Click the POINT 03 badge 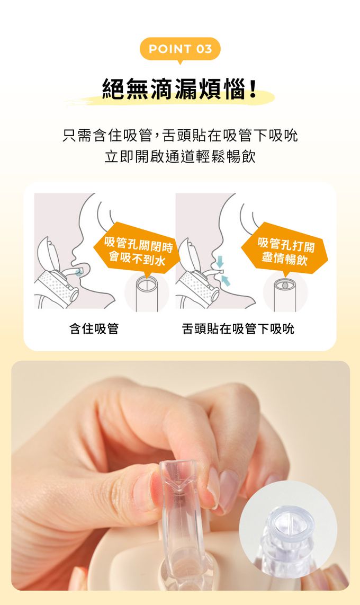pyautogui.click(x=180, y=49)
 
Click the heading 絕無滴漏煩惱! pyautogui.click(x=180, y=89)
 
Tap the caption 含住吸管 pyautogui.click(x=94, y=329)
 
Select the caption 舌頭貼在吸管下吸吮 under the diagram pyautogui.click(x=238, y=329)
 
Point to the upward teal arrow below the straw pyautogui.click(x=226, y=280)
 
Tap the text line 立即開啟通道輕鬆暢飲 pyautogui.click(x=180, y=157)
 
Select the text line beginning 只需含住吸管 pyautogui.click(x=180, y=135)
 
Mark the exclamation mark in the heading pyautogui.click(x=253, y=89)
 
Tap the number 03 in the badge pyautogui.click(x=204, y=49)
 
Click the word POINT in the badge pyautogui.click(x=170, y=49)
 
